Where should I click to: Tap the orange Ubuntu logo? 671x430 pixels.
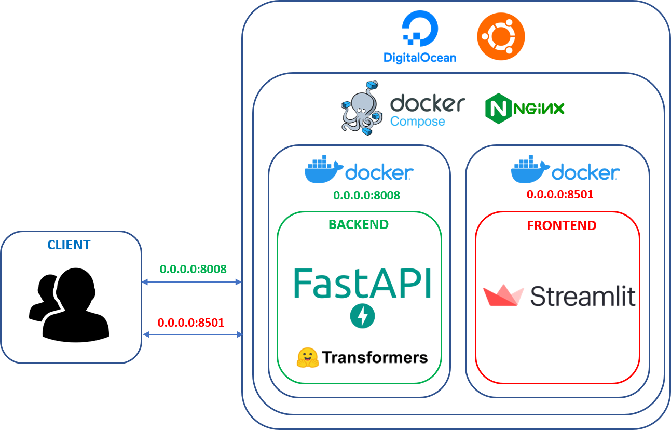click(501, 36)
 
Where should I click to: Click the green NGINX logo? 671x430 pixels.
click(527, 108)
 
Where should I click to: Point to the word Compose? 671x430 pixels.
click(417, 122)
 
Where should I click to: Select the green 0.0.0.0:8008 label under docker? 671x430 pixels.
click(366, 195)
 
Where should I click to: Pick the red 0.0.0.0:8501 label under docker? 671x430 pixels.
click(559, 194)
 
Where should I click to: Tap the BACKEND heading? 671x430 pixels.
click(358, 224)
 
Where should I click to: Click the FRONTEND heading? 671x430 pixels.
click(562, 226)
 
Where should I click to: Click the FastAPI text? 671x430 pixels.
click(362, 283)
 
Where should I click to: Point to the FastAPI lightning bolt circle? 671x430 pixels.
click(362, 316)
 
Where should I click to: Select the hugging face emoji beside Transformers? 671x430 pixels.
click(307, 357)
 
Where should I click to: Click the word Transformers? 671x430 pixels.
click(375, 357)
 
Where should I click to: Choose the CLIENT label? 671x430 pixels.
click(69, 245)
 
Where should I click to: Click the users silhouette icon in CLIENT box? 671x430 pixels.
click(69, 305)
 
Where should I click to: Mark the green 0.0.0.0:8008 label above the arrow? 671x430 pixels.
click(193, 269)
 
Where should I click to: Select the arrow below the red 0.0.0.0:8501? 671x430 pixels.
click(193, 335)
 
